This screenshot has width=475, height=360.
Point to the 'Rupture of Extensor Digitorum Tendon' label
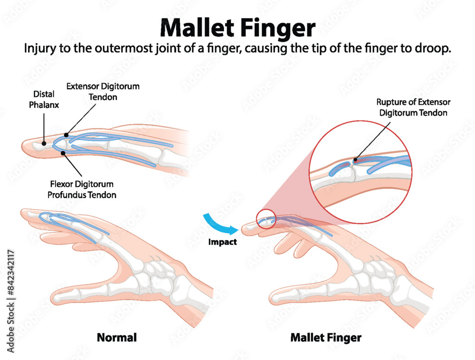click(413, 107)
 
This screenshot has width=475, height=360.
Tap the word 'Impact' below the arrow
click(222, 242)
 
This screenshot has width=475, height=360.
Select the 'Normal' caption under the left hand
click(117, 338)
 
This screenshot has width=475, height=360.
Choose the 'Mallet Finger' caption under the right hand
click(325, 338)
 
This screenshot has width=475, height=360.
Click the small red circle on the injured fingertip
click(266, 219)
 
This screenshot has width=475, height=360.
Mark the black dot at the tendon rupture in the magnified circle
click(355, 159)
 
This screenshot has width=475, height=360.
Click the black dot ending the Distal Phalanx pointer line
click(43, 142)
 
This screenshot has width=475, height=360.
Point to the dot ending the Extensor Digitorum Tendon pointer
click(66, 135)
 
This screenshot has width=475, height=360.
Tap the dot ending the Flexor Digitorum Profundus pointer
click(64, 152)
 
